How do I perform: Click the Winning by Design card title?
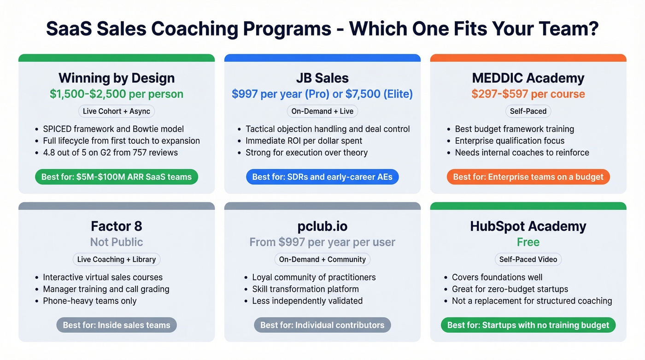(117, 78)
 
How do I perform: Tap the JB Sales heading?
(322, 78)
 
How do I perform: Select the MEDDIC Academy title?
(528, 78)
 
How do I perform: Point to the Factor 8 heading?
(117, 226)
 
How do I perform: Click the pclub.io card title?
(322, 226)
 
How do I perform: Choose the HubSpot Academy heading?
(528, 226)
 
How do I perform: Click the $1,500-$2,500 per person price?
(117, 94)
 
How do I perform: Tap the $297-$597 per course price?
(528, 94)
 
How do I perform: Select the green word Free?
(528, 242)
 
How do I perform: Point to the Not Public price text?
(117, 242)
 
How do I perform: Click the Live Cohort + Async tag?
(117, 111)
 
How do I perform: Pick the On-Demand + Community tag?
(322, 259)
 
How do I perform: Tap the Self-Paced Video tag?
(528, 259)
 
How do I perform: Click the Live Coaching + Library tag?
(117, 259)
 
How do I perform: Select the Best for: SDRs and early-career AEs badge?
(322, 177)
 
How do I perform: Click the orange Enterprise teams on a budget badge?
(528, 177)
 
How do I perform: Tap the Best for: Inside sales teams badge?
(117, 325)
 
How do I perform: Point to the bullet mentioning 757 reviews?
(110, 153)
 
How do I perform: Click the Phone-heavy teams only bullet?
(90, 301)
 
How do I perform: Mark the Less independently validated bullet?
(307, 301)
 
